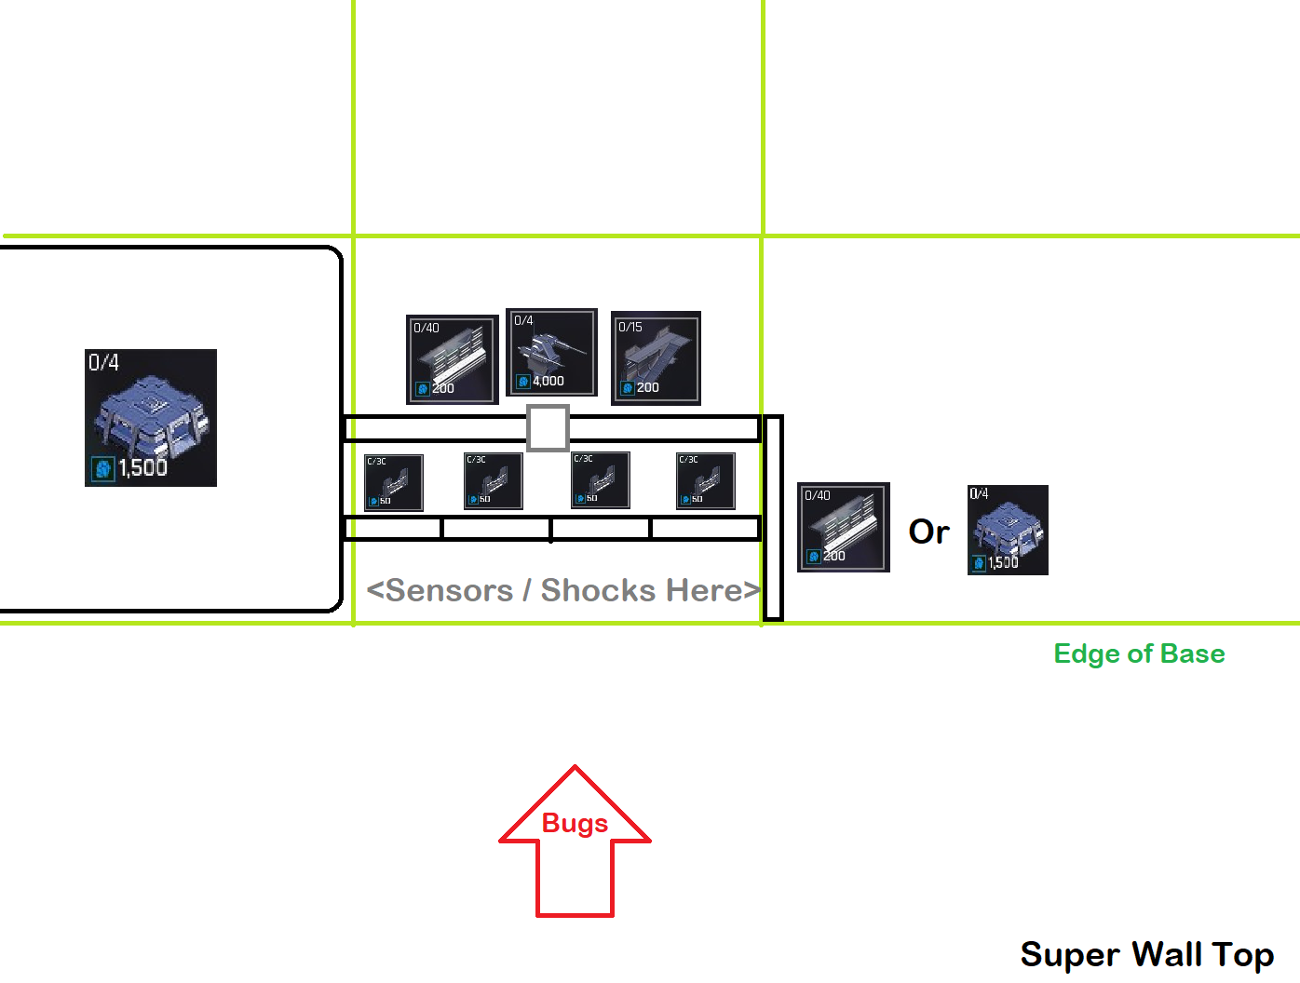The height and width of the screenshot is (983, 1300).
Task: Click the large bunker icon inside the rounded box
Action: [x=151, y=418]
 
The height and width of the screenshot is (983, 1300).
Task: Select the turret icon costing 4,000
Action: [x=551, y=353]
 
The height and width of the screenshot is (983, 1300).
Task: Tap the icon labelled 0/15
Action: [x=656, y=358]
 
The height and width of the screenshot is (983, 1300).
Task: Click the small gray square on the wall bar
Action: [x=548, y=428]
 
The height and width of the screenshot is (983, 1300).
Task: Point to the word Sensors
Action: [x=449, y=590]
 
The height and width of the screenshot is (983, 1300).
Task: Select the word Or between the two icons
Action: [x=928, y=532]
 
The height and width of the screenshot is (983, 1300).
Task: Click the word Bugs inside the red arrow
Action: [x=575, y=824]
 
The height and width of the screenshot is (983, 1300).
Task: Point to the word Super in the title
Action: [x=1070, y=954]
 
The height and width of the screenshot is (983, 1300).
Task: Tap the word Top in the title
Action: [x=1242, y=955]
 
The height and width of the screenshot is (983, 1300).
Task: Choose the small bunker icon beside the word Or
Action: [x=1008, y=530]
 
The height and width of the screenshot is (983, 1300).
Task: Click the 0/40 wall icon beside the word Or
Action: [x=844, y=527]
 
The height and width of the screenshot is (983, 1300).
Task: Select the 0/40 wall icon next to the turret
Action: [x=453, y=359]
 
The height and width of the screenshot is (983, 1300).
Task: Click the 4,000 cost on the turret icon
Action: [x=548, y=381]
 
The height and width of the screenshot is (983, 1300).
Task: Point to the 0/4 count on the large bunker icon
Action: [x=103, y=362]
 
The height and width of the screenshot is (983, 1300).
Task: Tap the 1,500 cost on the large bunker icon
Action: [x=142, y=467]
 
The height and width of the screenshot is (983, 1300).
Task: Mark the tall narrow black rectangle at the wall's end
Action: [x=773, y=518]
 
